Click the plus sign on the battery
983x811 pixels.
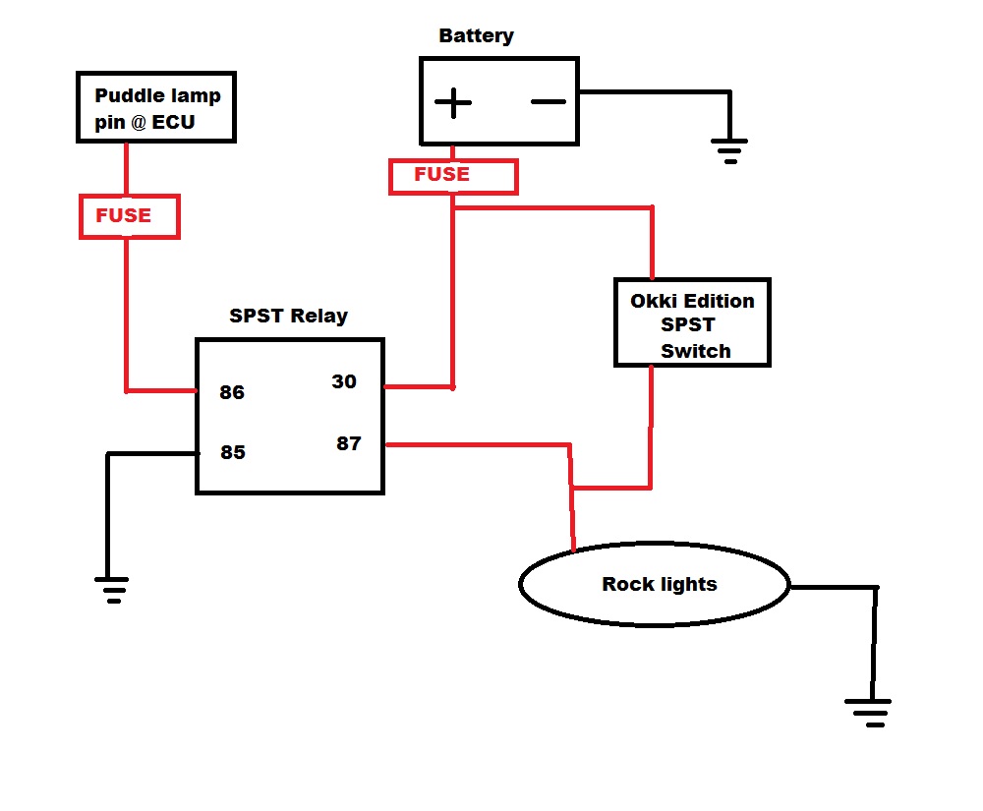pos(452,103)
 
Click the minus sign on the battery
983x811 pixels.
pos(548,101)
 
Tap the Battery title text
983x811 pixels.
pos(476,36)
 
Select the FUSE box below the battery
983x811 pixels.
pos(453,177)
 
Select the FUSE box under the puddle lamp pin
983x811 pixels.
pos(130,216)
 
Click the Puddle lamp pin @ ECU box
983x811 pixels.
pos(156,107)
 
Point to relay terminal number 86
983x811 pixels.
pos(232,392)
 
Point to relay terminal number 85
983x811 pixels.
pos(233,452)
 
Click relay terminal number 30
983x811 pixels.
pos(343,381)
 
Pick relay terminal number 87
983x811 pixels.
pos(349,443)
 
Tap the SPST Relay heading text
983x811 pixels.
pos(288,316)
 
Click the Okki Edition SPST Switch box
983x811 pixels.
pos(692,322)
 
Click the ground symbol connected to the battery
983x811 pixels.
pos(729,151)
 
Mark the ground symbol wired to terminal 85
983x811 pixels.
pos(112,589)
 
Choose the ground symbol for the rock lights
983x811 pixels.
pos(868,713)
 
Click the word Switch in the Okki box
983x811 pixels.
pos(696,351)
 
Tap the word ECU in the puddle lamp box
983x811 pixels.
pos(173,122)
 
